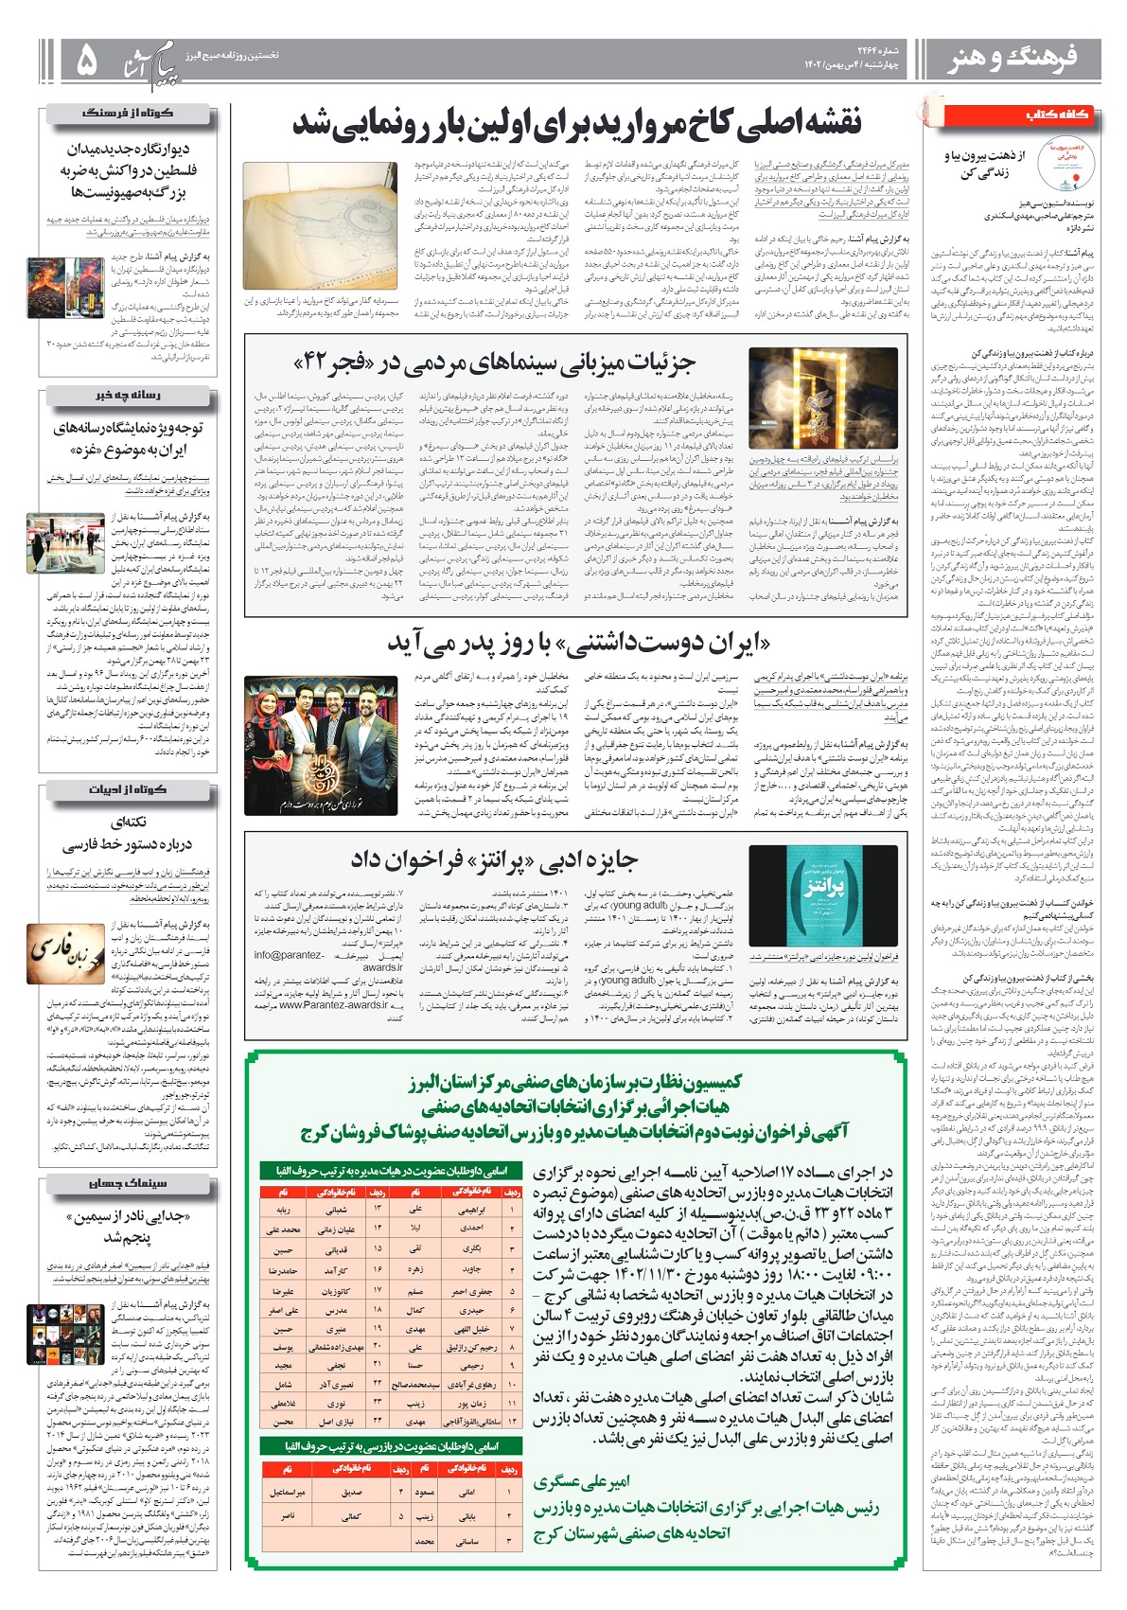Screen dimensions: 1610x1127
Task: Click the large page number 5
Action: coord(86,62)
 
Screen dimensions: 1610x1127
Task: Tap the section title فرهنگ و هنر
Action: coord(1013,60)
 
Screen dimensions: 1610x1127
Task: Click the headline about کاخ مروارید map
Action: coord(576,123)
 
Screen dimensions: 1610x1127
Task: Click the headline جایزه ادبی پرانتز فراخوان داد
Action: coord(495,858)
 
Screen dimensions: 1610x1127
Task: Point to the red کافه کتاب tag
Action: coord(1057,115)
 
